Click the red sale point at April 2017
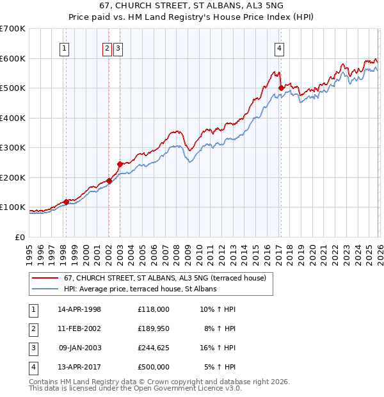[281, 88]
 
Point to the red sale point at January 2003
[120, 164]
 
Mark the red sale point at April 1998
[66, 202]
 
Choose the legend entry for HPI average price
[140, 289]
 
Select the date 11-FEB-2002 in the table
[79, 328]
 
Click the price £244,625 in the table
[153, 348]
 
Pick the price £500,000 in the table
[153, 367]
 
